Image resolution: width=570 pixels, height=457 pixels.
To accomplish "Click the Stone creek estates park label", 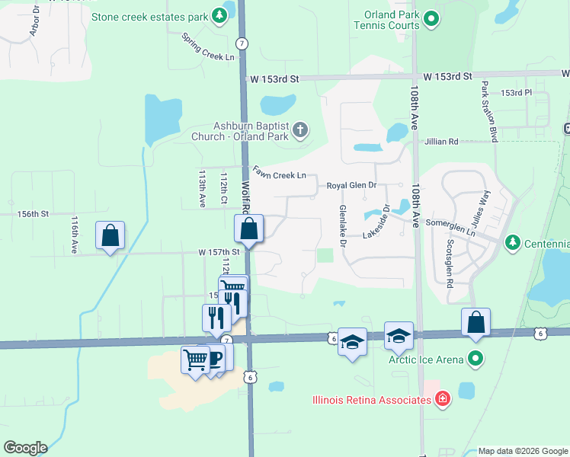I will pyautogui.click(x=149, y=16).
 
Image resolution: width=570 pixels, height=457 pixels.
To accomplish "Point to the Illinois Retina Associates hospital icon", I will pyautogui.click(x=442, y=398).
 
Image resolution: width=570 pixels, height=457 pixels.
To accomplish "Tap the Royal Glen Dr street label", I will pyautogui.click(x=351, y=185).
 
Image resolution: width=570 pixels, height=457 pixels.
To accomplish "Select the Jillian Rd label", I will pyautogui.click(x=442, y=142).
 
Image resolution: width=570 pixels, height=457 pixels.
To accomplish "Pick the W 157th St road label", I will pyautogui.click(x=219, y=251).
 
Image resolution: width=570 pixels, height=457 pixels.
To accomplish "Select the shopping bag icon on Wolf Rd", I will pyautogui.click(x=248, y=228).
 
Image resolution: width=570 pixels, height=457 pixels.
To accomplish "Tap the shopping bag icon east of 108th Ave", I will pyautogui.click(x=476, y=322).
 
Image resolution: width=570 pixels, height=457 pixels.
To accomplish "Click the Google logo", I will pyautogui.click(x=24, y=448).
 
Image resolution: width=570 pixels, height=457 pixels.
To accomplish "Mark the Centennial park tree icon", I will pyautogui.click(x=513, y=242).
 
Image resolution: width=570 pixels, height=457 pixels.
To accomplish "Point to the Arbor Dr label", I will pyautogui.click(x=34, y=21).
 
